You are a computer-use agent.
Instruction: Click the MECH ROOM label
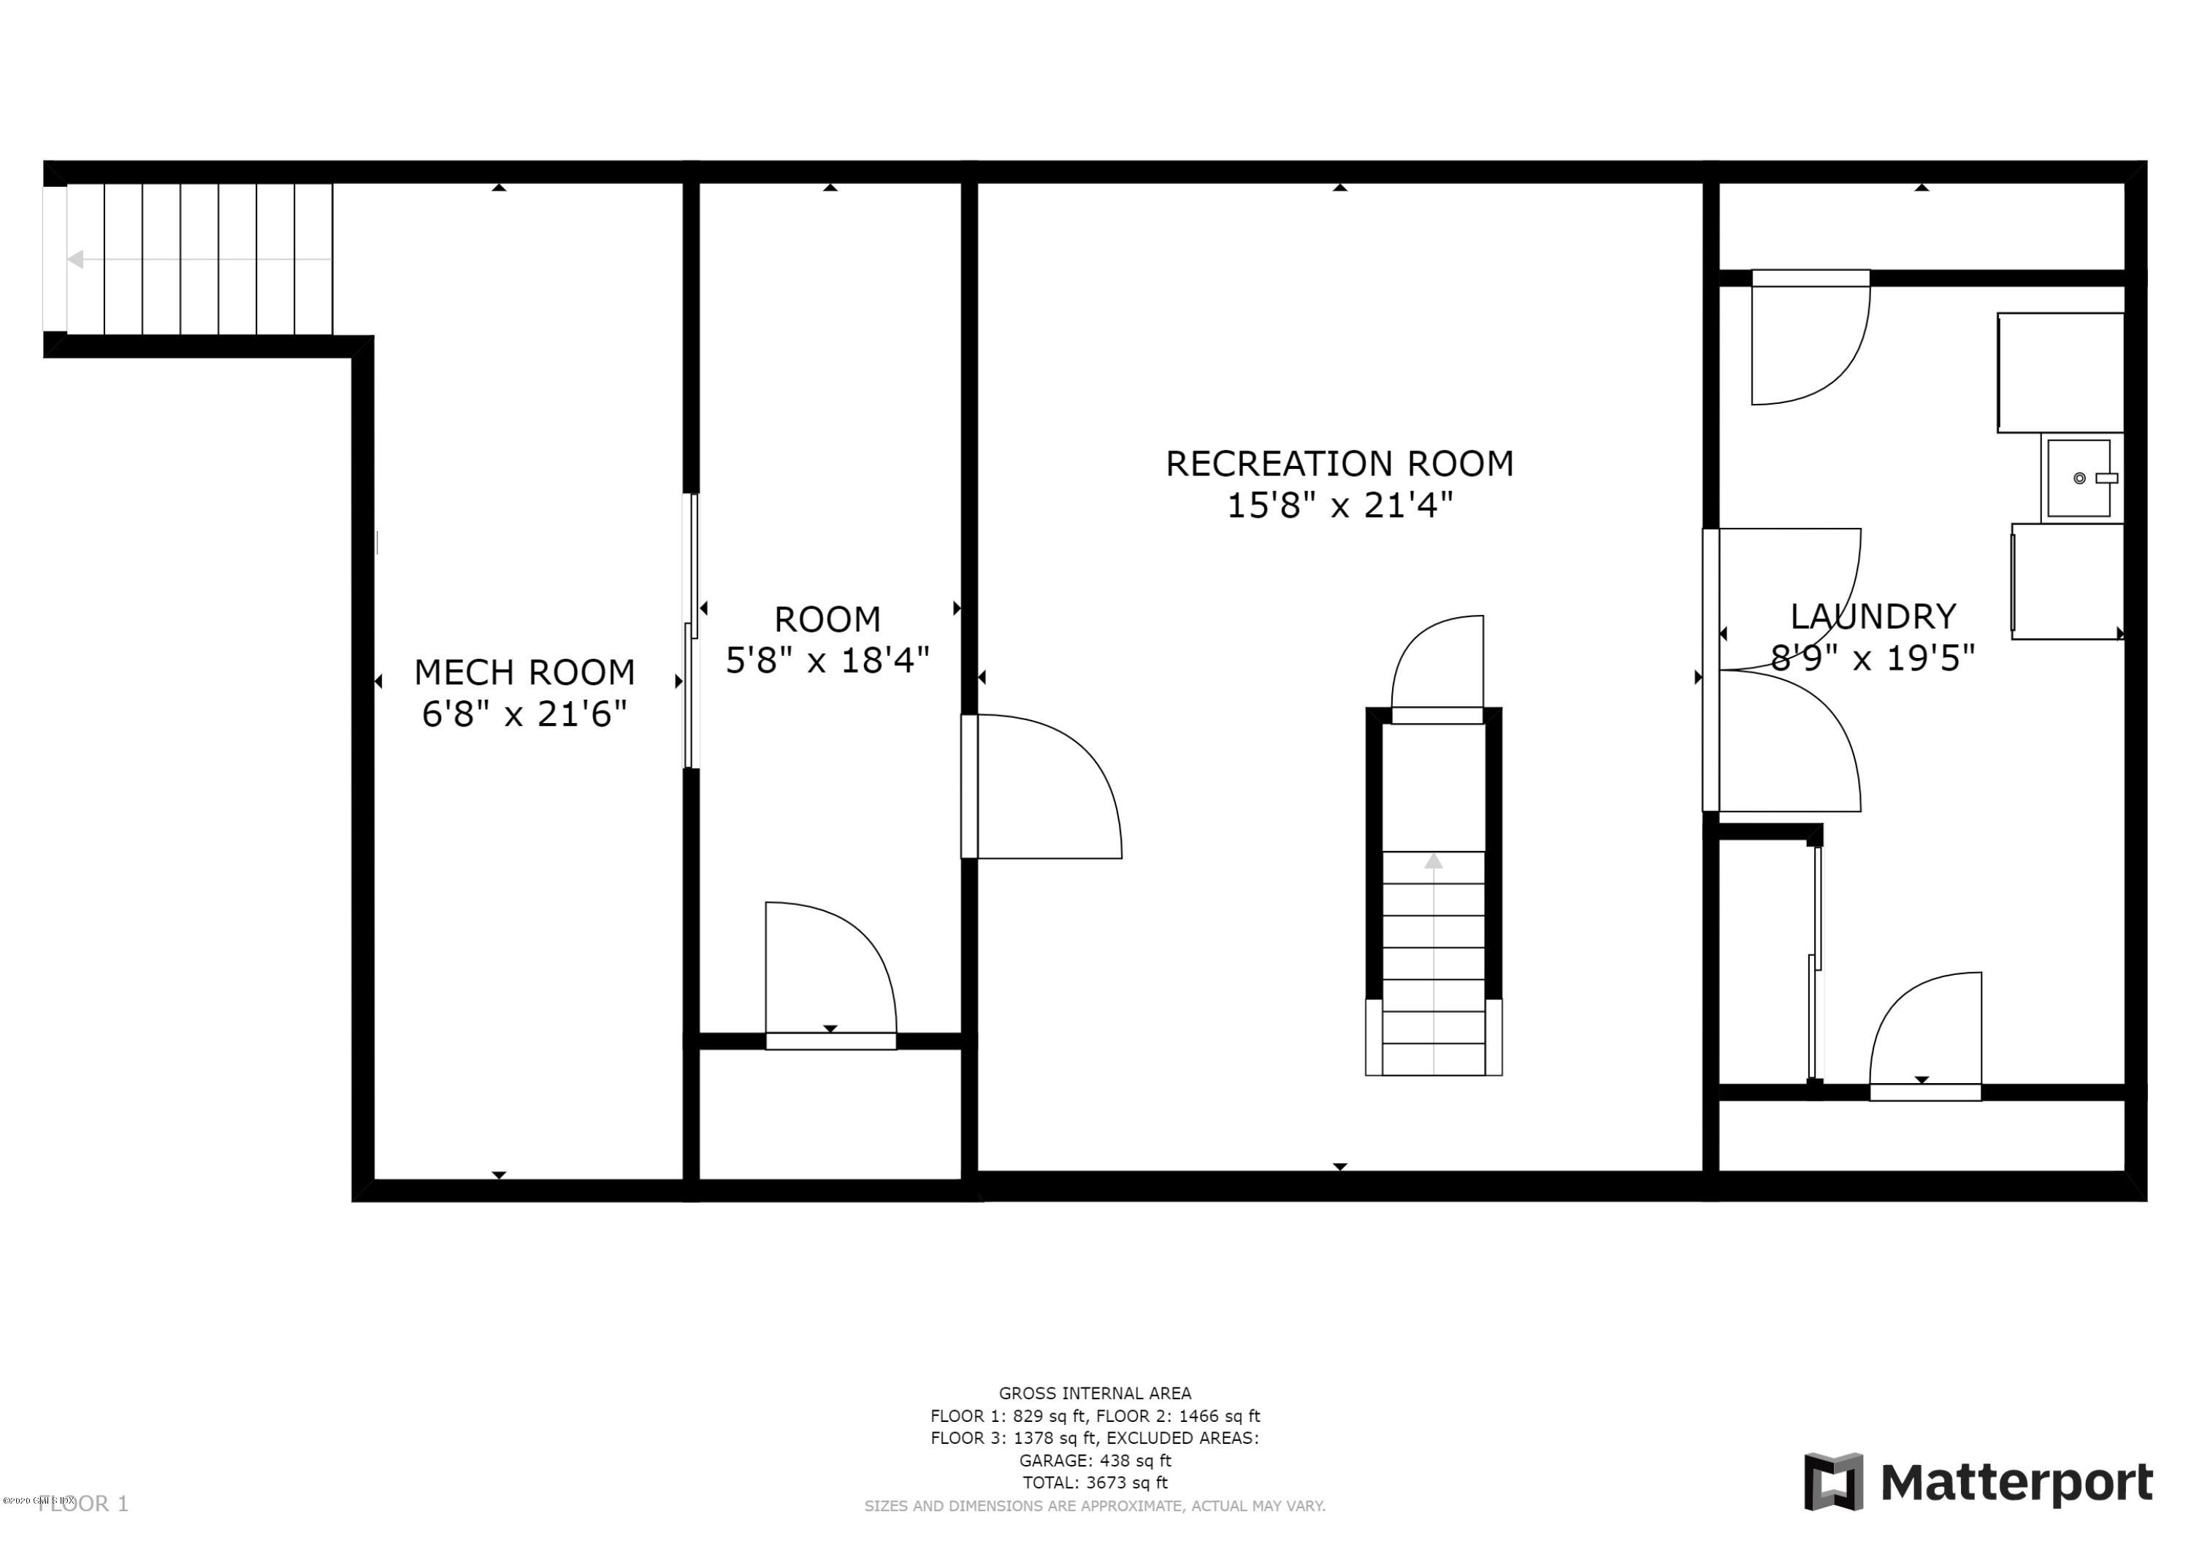524,673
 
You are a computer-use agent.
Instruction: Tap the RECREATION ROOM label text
1339,464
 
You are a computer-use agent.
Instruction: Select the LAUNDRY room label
1873,616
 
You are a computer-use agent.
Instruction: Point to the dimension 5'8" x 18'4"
827,660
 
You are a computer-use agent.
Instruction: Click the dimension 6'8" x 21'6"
524,714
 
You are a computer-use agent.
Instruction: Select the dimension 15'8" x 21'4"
1339,505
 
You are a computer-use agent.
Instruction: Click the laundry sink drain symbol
2079,478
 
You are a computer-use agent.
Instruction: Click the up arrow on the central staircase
1434,862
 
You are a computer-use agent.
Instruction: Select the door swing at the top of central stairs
1438,668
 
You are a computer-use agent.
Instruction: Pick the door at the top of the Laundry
1808,339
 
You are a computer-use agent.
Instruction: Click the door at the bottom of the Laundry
1924,1036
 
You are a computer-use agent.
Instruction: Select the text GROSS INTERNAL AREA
1095,1393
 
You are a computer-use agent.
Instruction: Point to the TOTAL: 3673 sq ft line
1095,1483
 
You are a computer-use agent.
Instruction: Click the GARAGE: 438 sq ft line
1095,1460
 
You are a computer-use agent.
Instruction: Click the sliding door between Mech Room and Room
692,630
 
